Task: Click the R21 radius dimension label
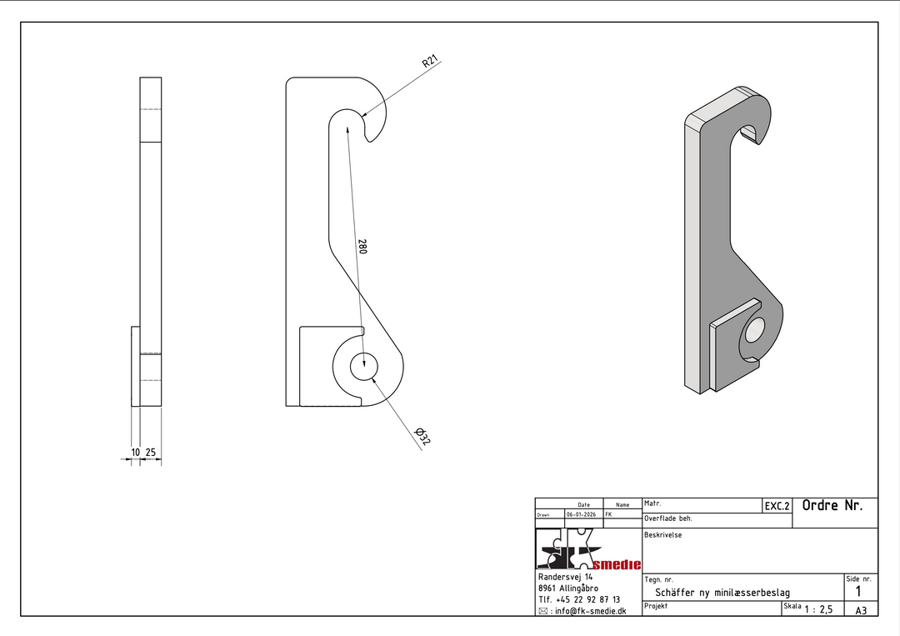pos(430,61)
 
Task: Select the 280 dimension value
pos(362,246)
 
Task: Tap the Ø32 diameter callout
pos(422,436)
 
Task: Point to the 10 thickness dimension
pos(136,453)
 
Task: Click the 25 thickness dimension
pos(150,453)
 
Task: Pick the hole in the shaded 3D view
pos(754,331)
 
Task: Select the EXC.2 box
pos(777,506)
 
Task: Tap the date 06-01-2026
pos(581,514)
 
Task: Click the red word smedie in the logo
pos(617,565)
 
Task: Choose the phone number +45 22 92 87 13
pos(587,600)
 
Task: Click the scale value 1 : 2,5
pos(818,609)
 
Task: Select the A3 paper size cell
pos(861,611)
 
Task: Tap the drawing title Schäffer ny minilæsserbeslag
pos(722,593)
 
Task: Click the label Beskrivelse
pos(663,535)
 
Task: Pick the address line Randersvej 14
pos(565,577)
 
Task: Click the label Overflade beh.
pos(668,518)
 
